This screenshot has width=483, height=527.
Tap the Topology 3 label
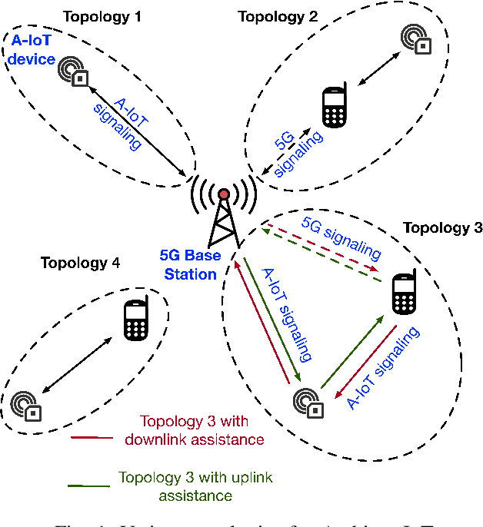(442, 227)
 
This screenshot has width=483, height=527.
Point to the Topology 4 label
(80, 263)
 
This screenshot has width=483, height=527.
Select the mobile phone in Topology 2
(333, 108)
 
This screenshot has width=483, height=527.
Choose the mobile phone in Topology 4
(135, 321)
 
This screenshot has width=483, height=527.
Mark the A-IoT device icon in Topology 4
(26, 406)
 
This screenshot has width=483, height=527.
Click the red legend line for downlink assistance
(94, 438)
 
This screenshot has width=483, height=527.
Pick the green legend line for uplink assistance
(89, 484)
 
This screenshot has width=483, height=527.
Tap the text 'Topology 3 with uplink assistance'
(195, 486)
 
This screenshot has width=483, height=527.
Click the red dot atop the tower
(224, 194)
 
